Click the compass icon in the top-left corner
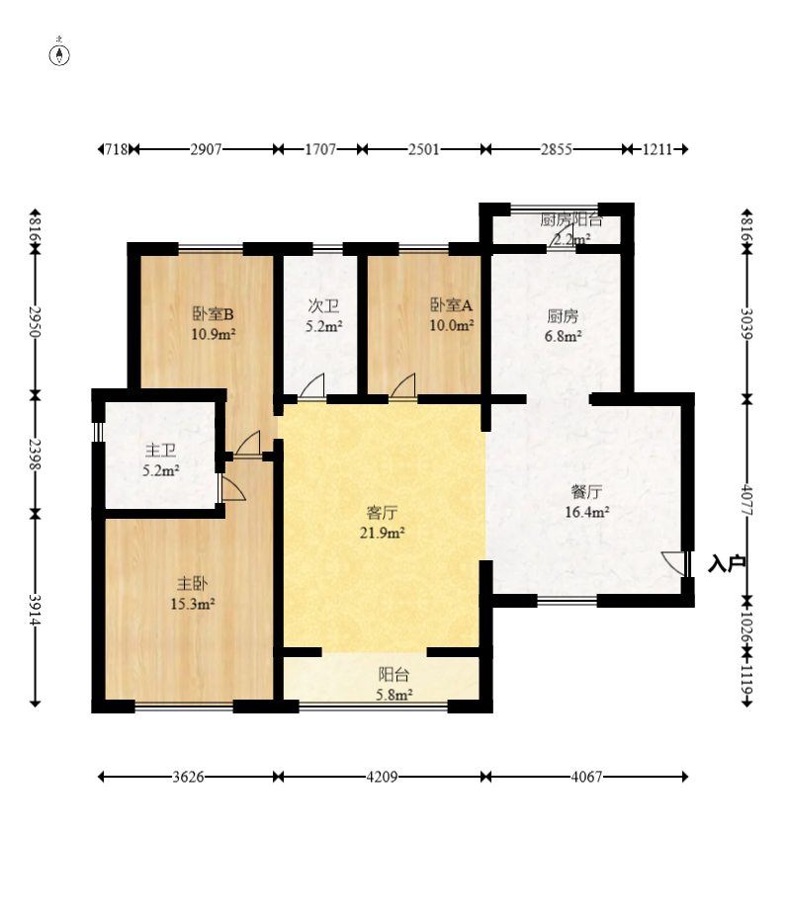[59, 53]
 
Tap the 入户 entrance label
[727, 564]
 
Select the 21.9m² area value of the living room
[383, 533]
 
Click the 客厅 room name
[383, 513]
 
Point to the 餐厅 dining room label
[586, 492]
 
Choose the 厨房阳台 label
[570, 219]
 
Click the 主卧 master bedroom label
[192, 584]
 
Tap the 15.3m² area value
[192, 604]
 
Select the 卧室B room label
[214, 314]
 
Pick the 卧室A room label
[451, 305]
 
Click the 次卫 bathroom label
[323, 306]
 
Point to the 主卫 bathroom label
[161, 451]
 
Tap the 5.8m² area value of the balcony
[393, 696]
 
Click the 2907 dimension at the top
[206, 149]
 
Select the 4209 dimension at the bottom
[383, 777]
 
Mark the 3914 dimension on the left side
[35, 610]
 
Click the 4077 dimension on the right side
[746, 500]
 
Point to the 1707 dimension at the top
[320, 149]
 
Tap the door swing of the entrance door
[672, 562]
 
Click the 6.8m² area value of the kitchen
[563, 337]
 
